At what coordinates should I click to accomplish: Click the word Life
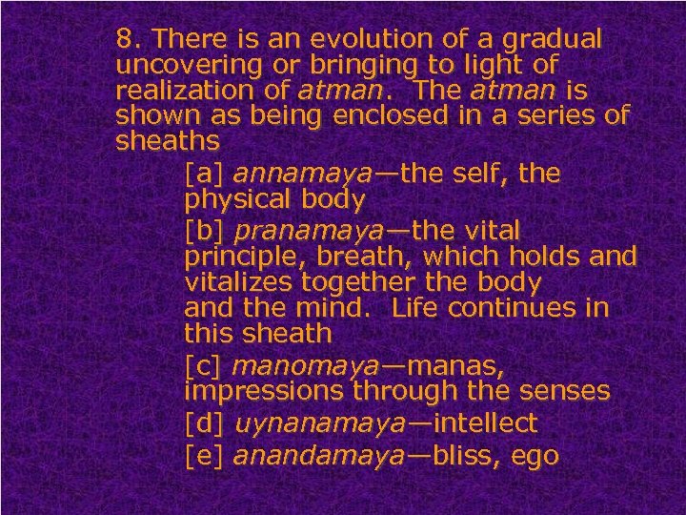(x=420, y=309)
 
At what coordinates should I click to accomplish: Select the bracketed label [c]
(x=204, y=365)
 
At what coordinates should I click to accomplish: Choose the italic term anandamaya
(x=318, y=456)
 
